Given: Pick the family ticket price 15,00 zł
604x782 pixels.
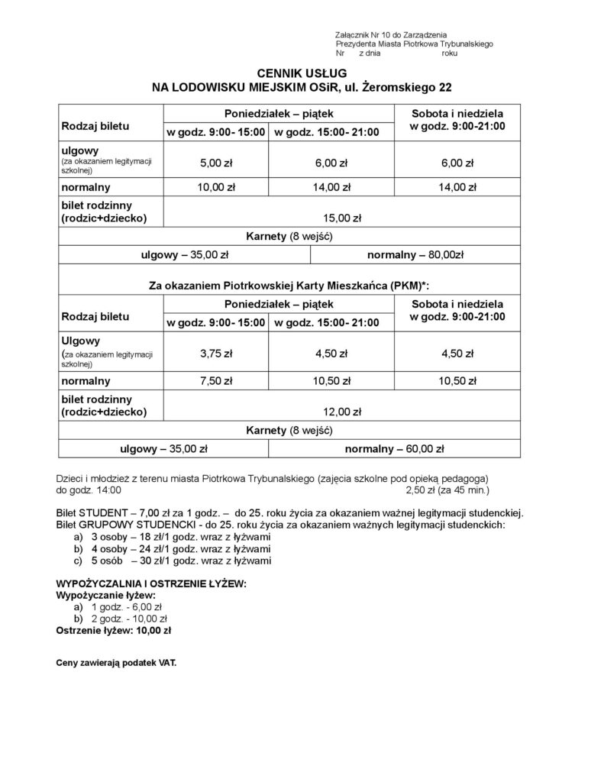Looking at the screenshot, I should point(341,218).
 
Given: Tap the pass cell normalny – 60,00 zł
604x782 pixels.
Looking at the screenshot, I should point(394,448).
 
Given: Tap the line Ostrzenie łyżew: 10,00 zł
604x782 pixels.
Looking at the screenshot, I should point(114,631).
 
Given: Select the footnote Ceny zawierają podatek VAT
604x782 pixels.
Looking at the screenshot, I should point(116,663).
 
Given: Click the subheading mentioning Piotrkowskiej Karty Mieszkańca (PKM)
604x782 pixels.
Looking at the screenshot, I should point(289,286).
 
